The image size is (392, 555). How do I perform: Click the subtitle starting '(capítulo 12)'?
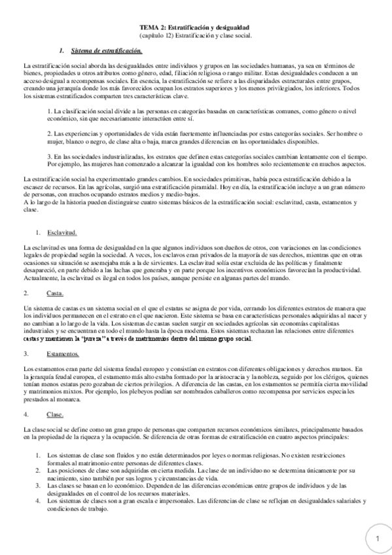195,37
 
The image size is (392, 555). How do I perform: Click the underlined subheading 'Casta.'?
56,293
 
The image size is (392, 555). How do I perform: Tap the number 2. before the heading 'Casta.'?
26,293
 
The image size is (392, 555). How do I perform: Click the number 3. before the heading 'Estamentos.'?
26,354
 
